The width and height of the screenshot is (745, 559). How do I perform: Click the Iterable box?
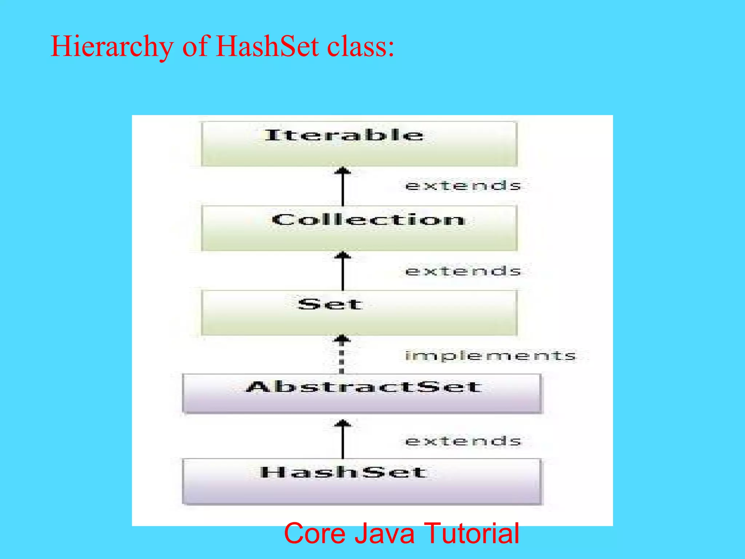pos(359,144)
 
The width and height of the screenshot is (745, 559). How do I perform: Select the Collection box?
pos(359,228)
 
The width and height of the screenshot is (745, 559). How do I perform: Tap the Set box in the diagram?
pos(359,313)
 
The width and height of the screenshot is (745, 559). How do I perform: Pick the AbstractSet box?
pos(362,393)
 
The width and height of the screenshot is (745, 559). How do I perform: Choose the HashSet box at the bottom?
pos(362,481)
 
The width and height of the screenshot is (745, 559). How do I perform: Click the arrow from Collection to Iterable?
pos(343,186)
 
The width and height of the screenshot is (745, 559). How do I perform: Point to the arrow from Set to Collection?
pos(343,271)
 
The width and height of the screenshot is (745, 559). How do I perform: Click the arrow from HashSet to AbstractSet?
pos(343,439)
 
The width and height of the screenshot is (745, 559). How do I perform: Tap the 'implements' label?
pos(491,356)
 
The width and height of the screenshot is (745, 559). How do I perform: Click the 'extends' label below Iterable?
pos(463,186)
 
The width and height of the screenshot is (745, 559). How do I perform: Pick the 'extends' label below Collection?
pos(463,271)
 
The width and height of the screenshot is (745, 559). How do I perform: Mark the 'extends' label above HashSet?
pos(463,441)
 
